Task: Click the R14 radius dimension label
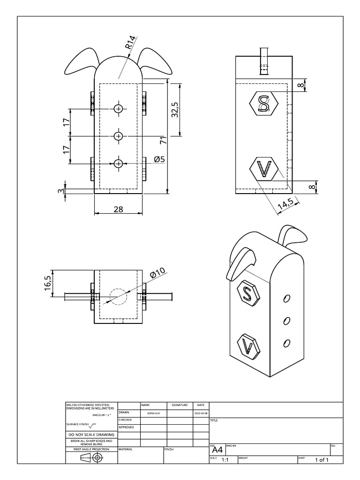coord(130,44)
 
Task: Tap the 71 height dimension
coord(163,139)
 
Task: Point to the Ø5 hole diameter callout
coord(159,159)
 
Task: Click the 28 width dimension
coord(118,209)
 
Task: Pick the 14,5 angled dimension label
coord(285,204)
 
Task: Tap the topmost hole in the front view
coord(118,109)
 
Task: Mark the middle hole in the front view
coord(118,136)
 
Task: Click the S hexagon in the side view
coord(264,103)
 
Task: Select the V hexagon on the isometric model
coord(249,347)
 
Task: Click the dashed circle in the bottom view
coord(118,296)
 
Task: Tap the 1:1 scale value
coord(225,460)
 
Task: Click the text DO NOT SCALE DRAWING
coord(91,435)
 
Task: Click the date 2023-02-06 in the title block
coord(200,413)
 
